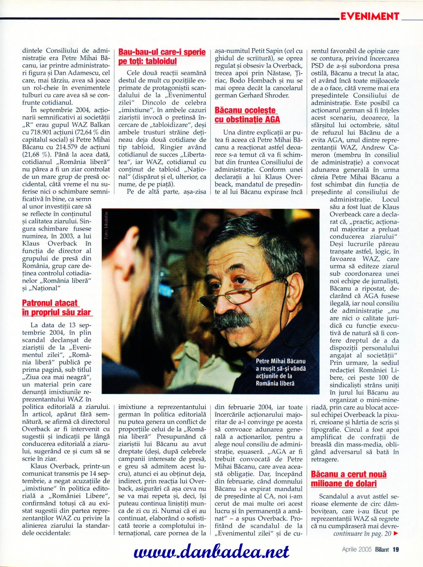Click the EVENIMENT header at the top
[370, 16]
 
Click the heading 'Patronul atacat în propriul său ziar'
[56, 307]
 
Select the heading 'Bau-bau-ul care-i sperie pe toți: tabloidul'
[162, 57]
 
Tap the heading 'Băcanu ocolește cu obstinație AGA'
[247, 115]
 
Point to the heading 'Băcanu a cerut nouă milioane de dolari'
[349, 479]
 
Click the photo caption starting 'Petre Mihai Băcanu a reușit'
[280, 372]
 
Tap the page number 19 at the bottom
[396, 549]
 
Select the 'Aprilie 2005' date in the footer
[357, 549]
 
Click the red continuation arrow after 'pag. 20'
[396, 534]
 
